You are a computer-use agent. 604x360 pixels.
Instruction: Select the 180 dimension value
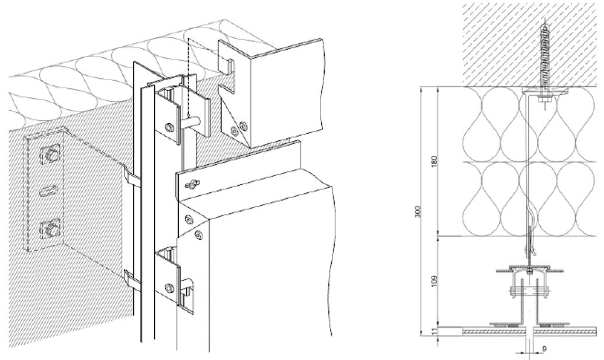[x=435, y=161]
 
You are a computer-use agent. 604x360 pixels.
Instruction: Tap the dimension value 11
[x=435, y=331]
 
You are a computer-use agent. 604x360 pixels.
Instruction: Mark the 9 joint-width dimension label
[x=544, y=349]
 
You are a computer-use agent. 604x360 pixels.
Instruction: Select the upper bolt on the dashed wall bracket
[x=50, y=154]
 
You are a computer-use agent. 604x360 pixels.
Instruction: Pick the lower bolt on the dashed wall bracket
[x=50, y=230]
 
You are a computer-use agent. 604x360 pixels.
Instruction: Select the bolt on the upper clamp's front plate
[x=169, y=127]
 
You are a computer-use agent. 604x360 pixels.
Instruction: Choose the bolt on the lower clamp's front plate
[x=169, y=288]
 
